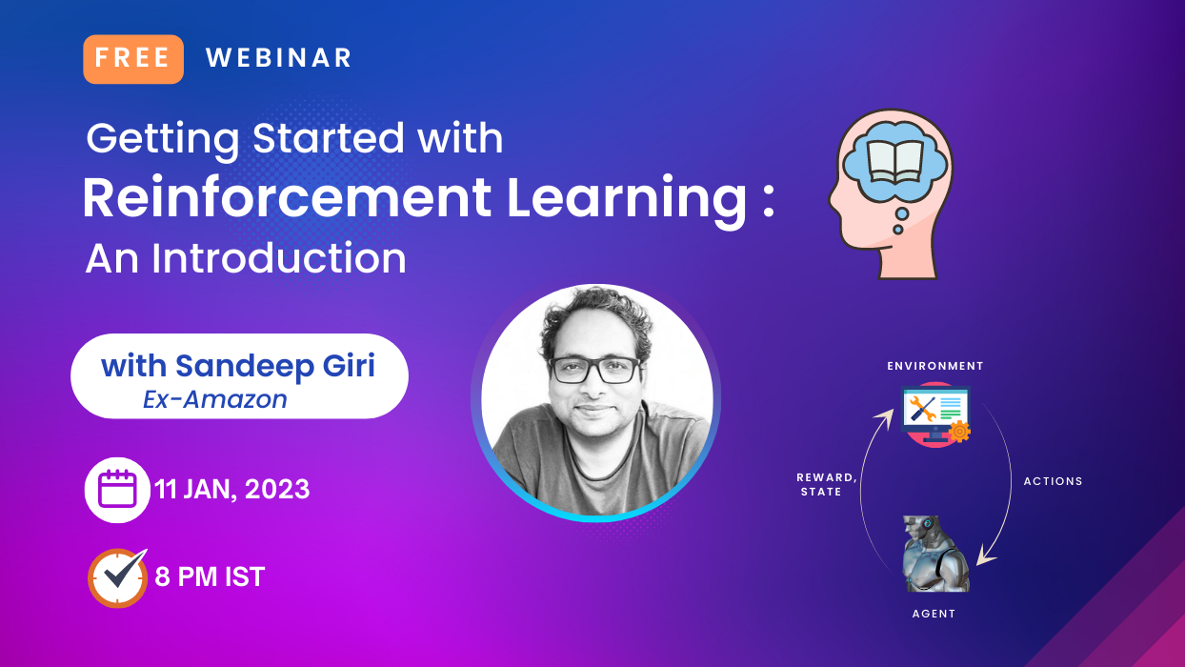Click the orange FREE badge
pos(133,58)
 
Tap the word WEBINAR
pos(279,58)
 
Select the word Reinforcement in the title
pos(287,199)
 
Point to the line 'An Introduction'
pos(246,258)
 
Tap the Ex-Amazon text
pos(215,399)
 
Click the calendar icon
pos(117,490)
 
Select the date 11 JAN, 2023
pos(232,490)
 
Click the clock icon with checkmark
pos(117,577)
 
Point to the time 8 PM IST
pos(210,576)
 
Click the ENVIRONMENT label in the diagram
pos(935,366)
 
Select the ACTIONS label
pos(1053,481)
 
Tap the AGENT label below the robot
pos(934,614)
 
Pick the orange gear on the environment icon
pos(958,432)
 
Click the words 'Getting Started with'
pos(294,139)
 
